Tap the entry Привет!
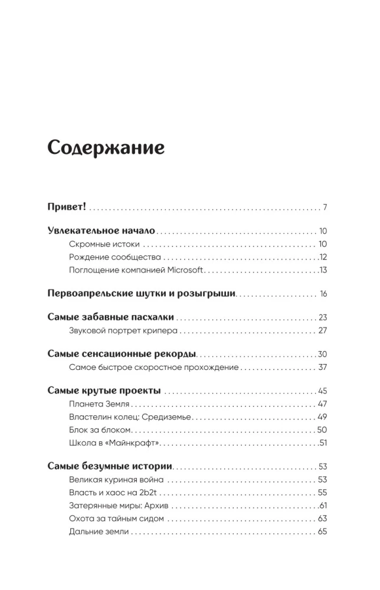(67, 208)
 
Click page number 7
(325, 208)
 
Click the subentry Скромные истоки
(104, 244)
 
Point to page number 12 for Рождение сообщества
(323, 257)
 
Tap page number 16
(323, 293)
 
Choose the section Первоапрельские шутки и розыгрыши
(141, 293)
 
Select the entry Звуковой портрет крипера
(123, 330)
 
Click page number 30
(322, 354)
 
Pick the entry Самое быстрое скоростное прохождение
(153, 367)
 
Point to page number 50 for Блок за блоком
(322, 430)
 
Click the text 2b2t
(153, 492)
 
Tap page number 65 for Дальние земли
(322, 531)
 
